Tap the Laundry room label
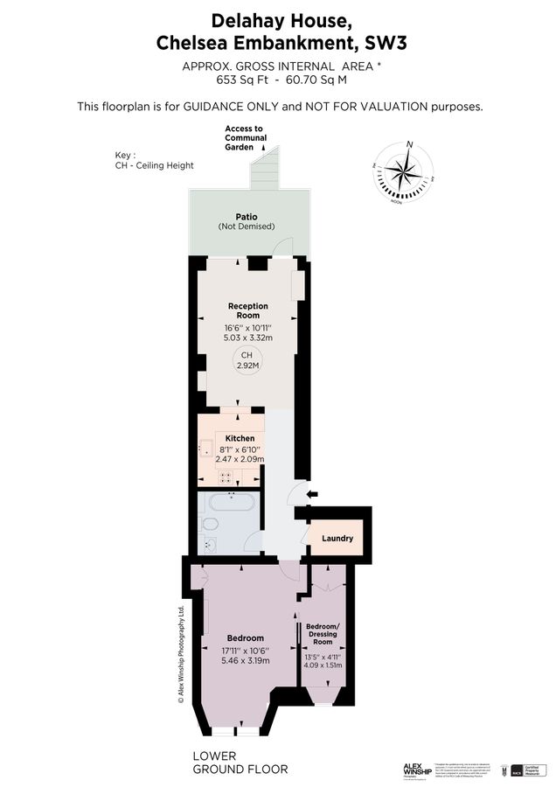337,538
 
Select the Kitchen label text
240,438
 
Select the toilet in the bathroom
210,525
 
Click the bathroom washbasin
210,546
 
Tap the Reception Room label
247,310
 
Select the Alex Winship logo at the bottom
418,770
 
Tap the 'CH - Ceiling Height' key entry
155,165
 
